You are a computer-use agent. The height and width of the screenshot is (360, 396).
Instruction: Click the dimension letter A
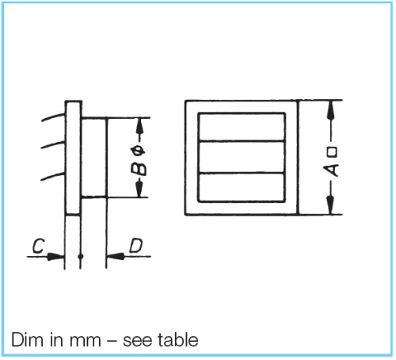tap(331, 170)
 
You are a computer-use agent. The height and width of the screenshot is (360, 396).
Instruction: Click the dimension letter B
tap(139, 169)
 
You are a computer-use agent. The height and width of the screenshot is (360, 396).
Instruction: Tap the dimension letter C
tap(39, 246)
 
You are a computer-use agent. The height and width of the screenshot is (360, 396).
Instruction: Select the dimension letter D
tap(136, 246)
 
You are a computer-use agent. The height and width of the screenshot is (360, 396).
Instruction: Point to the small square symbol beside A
tap(332, 151)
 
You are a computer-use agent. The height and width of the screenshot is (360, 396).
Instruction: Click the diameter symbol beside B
tap(139, 152)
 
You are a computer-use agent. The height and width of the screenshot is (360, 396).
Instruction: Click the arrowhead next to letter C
tap(55, 256)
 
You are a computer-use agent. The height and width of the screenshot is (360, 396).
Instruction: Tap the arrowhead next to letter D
tap(116, 256)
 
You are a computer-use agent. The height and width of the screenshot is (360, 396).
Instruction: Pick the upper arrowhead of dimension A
tap(330, 109)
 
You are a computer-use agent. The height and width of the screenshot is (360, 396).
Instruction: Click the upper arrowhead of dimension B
tap(140, 127)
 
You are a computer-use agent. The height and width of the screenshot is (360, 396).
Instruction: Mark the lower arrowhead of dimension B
tap(139, 189)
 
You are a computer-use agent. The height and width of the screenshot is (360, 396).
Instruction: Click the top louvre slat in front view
tap(242, 127)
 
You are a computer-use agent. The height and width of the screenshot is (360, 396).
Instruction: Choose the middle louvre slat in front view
tap(242, 157)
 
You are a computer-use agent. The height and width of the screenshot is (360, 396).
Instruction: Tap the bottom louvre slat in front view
tap(242, 187)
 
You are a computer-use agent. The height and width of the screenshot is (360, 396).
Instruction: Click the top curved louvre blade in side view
tap(53, 117)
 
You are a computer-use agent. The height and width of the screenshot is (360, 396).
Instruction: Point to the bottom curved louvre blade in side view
tap(52, 176)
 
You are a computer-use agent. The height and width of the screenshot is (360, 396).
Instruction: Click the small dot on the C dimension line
tap(81, 256)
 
